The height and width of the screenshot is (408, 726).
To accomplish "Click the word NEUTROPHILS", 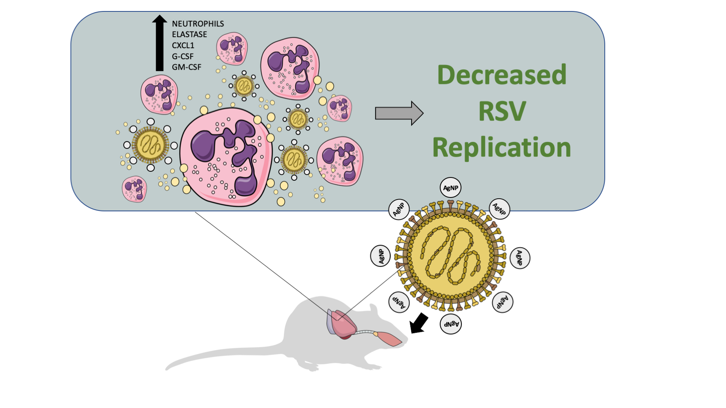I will [198, 24].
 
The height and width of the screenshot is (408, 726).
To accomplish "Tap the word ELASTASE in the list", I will [189, 35].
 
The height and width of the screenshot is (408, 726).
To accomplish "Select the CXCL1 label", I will [183, 45].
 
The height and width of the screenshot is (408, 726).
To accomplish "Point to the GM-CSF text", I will [186, 67].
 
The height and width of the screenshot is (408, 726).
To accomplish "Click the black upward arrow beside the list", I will [159, 43].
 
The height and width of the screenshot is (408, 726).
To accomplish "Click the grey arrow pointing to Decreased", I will [399, 113].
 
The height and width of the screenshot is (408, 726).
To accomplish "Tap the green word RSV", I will [502, 111].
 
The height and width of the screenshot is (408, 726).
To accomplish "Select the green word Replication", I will [501, 147].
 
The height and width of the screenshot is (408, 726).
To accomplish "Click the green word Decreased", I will [501, 75].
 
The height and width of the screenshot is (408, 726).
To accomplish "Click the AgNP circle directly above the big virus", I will [450, 188].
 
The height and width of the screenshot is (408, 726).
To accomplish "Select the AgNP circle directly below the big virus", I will [451, 324].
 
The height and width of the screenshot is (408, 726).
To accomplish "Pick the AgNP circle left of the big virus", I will [380, 256].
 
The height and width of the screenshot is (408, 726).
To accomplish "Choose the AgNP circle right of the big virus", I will [520, 258].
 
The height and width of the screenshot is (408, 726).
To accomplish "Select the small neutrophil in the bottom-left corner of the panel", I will [134, 189].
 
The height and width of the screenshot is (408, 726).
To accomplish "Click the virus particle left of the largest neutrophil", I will [150, 145].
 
